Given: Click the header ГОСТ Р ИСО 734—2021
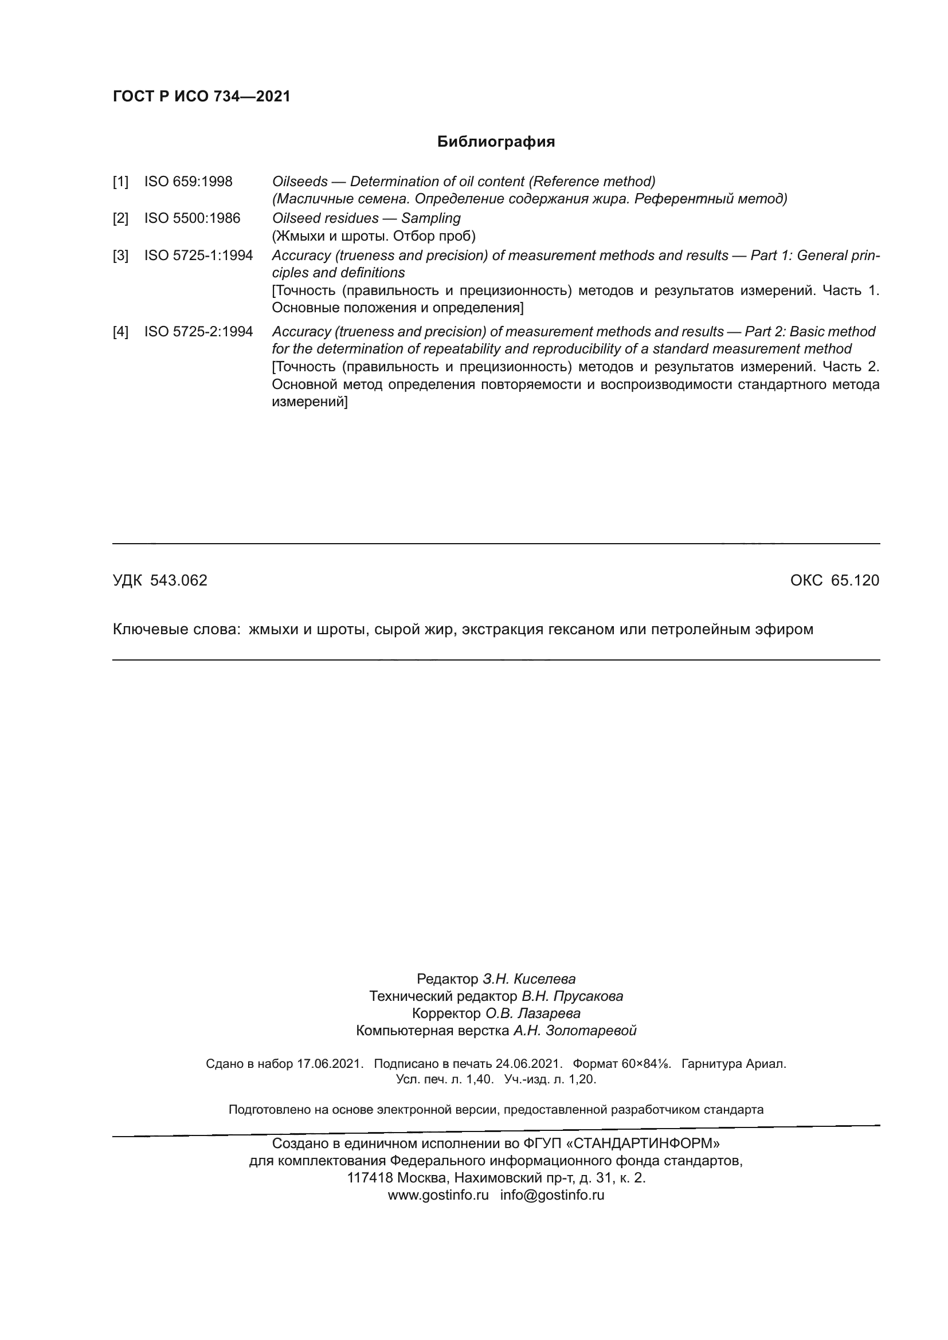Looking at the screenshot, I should pyautogui.click(x=201, y=96).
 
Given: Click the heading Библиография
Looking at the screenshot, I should pyautogui.click(x=496, y=142).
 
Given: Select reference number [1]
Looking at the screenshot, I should pyautogui.click(x=120, y=182).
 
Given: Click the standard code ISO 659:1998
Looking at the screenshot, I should pyautogui.click(x=188, y=182).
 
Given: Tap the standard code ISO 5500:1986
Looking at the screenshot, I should pyautogui.click(x=192, y=218).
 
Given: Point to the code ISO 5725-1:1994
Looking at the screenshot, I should pyautogui.click(x=198, y=255).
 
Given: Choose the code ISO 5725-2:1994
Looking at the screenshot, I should pyautogui.click(x=198, y=332).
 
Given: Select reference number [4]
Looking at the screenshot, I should pyautogui.click(x=120, y=332).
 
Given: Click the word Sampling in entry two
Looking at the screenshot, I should pyautogui.click(x=431, y=218).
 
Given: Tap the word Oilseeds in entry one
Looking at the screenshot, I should pyautogui.click(x=299, y=182).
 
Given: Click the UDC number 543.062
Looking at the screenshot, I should pyautogui.click(x=179, y=580).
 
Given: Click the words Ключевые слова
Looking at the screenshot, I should pyautogui.click(x=177, y=629).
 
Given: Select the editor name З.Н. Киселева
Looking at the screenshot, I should pyautogui.click(x=529, y=979).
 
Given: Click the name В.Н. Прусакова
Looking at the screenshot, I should pyautogui.click(x=572, y=996).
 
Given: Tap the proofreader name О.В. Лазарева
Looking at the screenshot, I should pyautogui.click(x=532, y=1013).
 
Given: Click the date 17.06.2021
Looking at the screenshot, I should pyautogui.click(x=330, y=1063).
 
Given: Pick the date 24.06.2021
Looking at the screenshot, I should pyautogui.click(x=528, y=1063).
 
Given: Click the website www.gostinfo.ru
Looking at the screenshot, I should pyautogui.click(x=438, y=1194).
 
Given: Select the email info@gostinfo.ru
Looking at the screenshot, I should pyautogui.click(x=551, y=1194).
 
